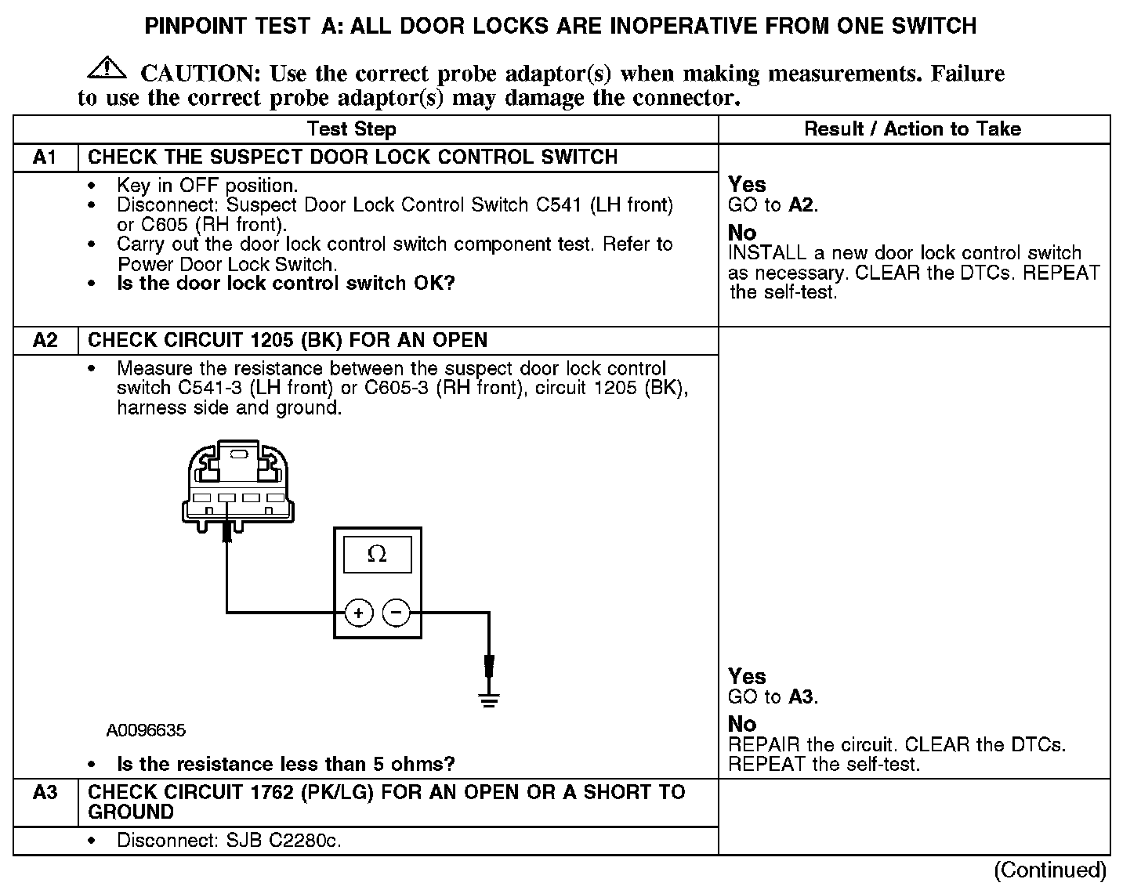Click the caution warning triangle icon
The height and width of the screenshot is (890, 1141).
click(x=107, y=69)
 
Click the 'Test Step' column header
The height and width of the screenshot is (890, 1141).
click(x=351, y=129)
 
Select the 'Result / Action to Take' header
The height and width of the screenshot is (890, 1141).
click(x=912, y=129)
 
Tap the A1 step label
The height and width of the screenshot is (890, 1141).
click(x=45, y=157)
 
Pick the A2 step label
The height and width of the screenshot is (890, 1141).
click(x=45, y=341)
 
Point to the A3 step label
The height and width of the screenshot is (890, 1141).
click(x=45, y=793)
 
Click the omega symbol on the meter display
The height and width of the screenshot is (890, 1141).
click(x=377, y=555)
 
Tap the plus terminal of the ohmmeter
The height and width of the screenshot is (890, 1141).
click(x=359, y=613)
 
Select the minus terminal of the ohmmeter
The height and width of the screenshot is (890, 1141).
click(x=397, y=613)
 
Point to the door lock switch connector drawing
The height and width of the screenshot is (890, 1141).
click(x=238, y=486)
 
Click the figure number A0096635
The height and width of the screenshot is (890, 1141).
click(x=147, y=731)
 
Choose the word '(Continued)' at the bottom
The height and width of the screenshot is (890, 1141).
click(x=1050, y=870)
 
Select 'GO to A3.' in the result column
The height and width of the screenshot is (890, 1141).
click(x=773, y=697)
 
